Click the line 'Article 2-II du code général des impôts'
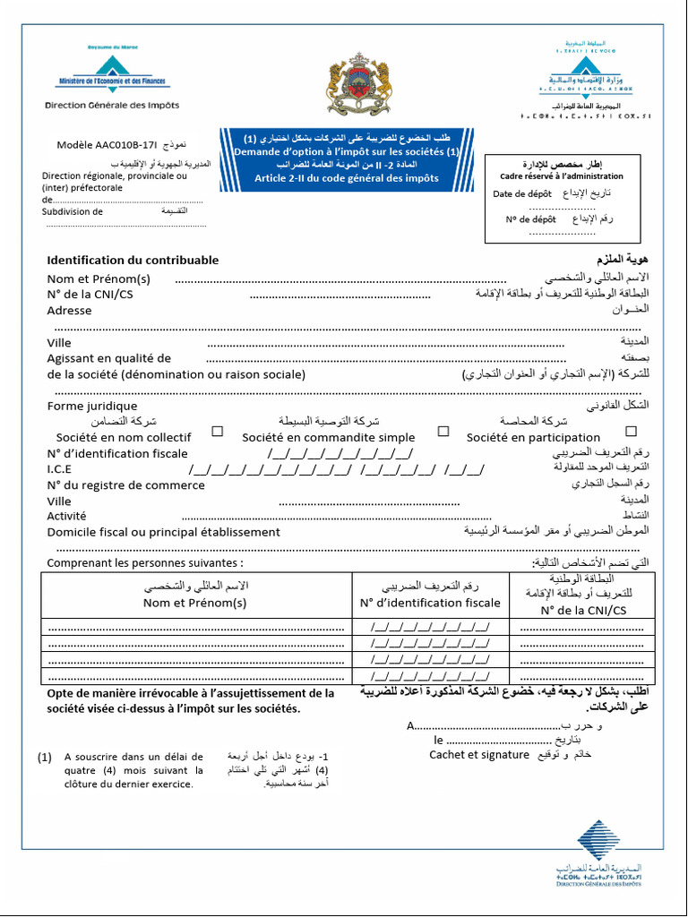346,177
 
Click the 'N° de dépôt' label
530,219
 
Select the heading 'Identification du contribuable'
132,260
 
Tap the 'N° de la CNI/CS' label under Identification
90,294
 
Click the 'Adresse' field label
69,311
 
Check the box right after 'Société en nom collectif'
217,432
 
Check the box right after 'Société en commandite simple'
443,432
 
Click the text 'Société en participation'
533,438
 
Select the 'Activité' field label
66,516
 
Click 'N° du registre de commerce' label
125,485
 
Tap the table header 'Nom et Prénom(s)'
195,603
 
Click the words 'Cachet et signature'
478,755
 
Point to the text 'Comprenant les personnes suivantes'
144,563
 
